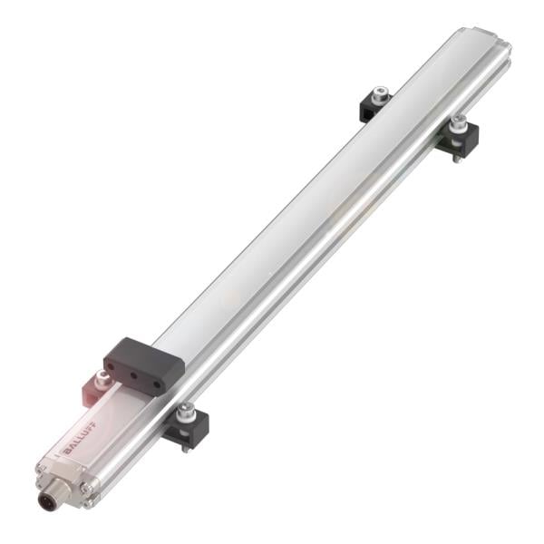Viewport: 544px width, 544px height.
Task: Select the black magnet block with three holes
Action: [x=143, y=363]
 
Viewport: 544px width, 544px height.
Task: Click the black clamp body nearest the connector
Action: [x=189, y=426]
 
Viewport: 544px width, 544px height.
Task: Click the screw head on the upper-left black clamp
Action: [x=380, y=92]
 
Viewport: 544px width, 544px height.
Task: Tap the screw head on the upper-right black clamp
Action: [x=460, y=120]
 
